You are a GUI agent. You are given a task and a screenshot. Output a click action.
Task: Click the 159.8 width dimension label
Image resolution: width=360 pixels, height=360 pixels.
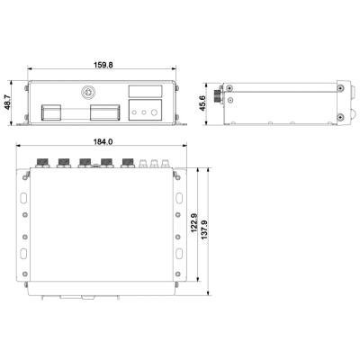[x=103, y=65]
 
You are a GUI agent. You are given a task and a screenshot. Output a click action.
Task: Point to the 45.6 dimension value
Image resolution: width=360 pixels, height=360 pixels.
[x=203, y=103]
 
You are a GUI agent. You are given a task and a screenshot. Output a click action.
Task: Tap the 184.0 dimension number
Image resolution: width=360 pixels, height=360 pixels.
[x=103, y=141]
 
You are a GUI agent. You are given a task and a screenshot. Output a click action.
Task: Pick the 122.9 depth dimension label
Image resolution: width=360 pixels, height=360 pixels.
[x=193, y=223]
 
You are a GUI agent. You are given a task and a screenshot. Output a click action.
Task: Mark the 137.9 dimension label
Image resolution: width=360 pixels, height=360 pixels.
[x=204, y=230]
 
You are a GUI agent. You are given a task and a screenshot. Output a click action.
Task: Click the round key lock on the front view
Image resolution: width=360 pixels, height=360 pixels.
[x=87, y=92]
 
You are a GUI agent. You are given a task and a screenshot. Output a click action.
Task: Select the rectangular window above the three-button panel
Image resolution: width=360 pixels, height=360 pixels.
[x=146, y=91]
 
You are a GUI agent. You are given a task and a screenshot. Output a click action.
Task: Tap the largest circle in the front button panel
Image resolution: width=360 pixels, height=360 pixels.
[x=154, y=112]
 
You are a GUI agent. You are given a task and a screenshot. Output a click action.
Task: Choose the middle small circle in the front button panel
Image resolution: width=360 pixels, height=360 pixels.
[x=144, y=112]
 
